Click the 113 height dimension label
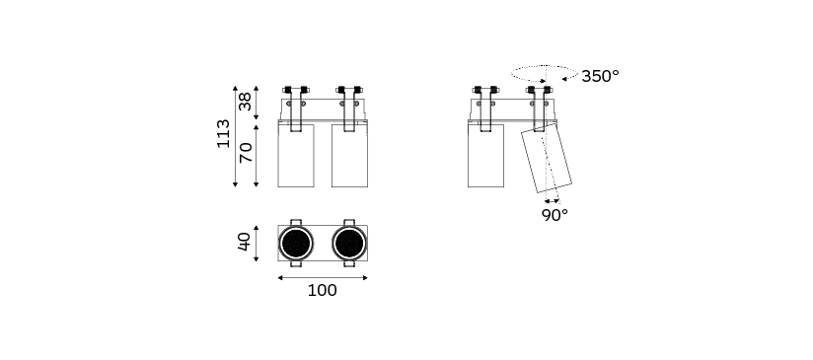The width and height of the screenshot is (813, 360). [x=223, y=133]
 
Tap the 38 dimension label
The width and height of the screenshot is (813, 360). [x=245, y=101]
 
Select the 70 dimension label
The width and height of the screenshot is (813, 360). [x=246, y=152]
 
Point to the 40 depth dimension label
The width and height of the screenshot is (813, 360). [x=245, y=242]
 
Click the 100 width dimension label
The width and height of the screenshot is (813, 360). [x=322, y=291]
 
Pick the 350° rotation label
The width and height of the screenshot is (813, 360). [x=600, y=76]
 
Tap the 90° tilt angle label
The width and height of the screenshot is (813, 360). [x=554, y=215]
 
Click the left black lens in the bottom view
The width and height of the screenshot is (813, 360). [x=296, y=243]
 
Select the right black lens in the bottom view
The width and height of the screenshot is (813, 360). [x=349, y=243]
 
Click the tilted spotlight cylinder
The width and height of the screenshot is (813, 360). [x=547, y=158]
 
